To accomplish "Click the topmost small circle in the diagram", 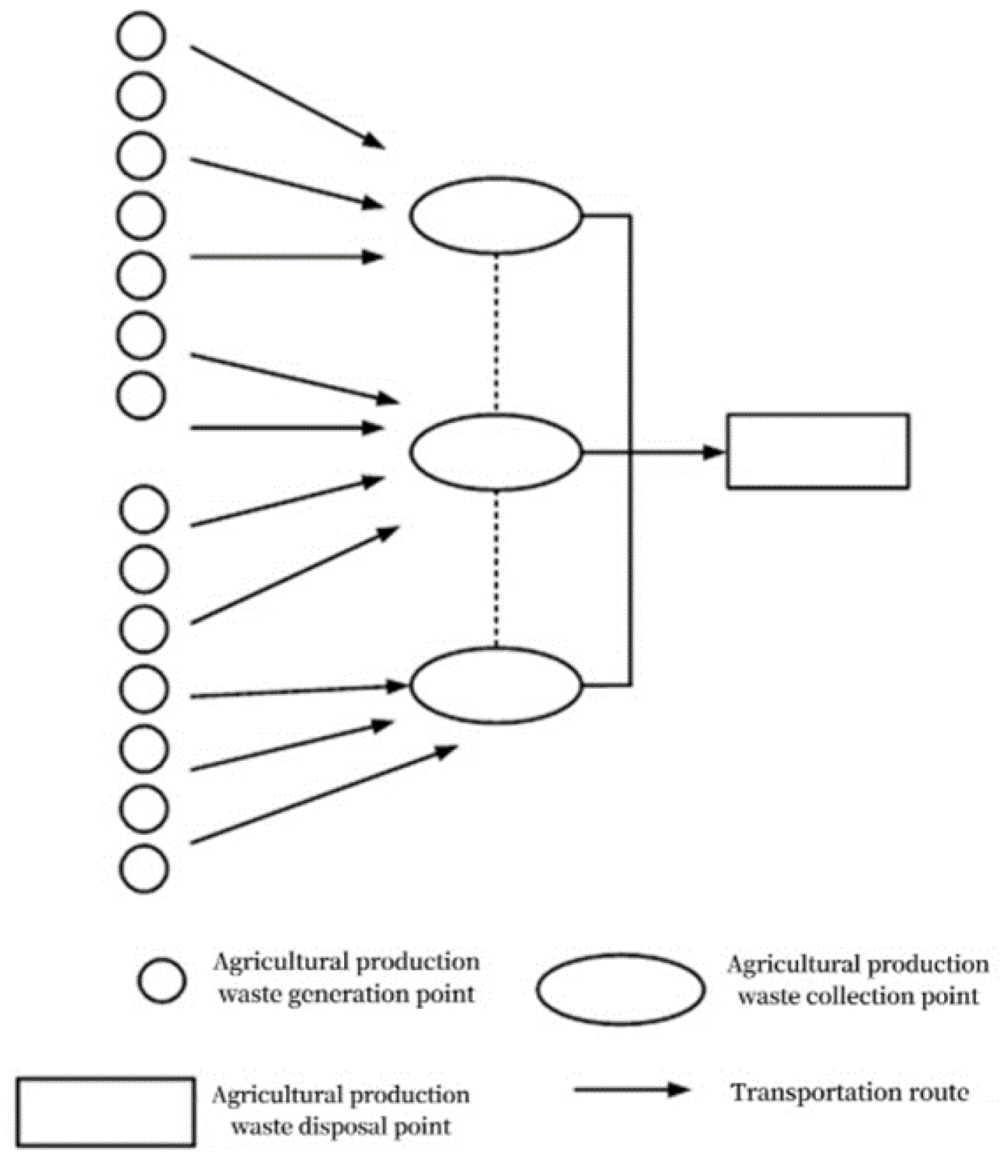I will [x=141, y=35].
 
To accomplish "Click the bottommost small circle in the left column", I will [x=144, y=868].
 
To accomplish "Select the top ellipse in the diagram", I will [x=496, y=215].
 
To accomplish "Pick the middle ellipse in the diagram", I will [x=496, y=452].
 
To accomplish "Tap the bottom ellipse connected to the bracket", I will [x=496, y=685].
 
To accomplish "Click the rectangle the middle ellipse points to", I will [x=818, y=451].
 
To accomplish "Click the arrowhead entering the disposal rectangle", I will [x=714, y=452].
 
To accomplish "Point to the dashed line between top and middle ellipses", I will [x=496, y=331].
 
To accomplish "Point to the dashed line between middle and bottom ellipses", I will [x=496, y=568].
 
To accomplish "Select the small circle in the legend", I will [x=162, y=980].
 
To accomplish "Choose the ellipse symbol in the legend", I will [x=621, y=989].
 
